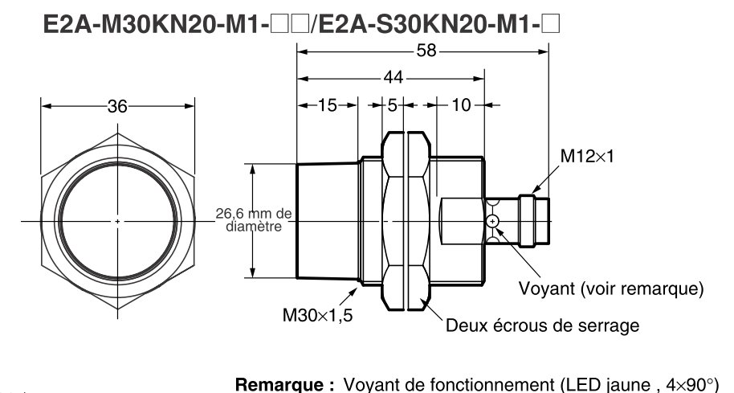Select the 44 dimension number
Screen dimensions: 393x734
[394, 78]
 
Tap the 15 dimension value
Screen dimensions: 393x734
[327, 104]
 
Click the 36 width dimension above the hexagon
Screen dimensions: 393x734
[117, 105]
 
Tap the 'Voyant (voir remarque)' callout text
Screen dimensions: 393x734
[612, 288]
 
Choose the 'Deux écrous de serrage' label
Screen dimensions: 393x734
[542, 325]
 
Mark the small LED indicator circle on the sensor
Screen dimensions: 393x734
[492, 221]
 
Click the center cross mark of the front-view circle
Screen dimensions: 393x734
[117, 221]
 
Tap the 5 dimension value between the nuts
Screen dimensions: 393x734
[393, 104]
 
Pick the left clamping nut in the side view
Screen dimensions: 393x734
[394, 221]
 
